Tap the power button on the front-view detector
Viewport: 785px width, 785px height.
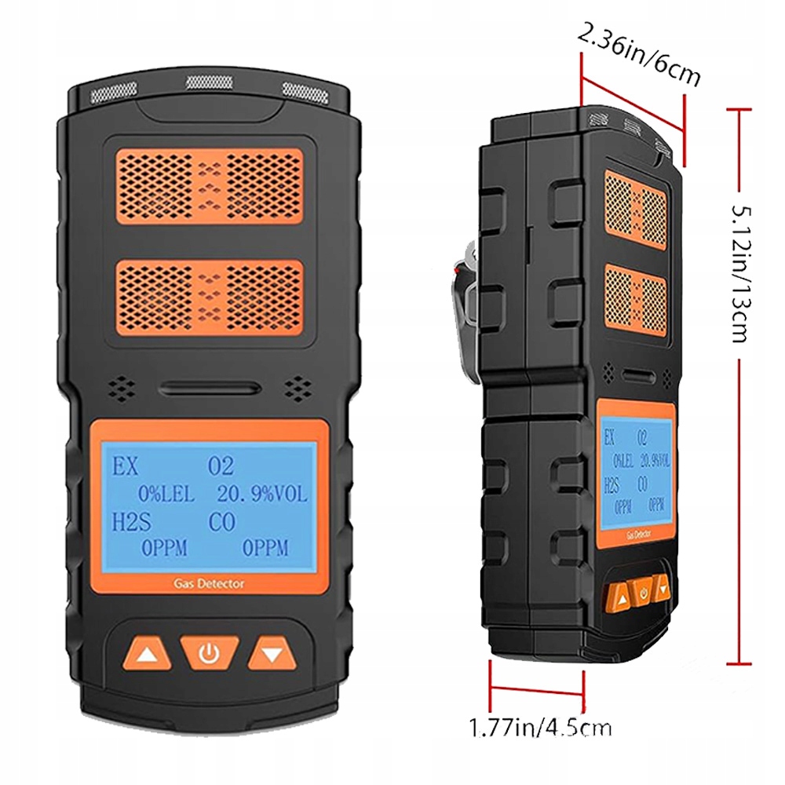point(208,652)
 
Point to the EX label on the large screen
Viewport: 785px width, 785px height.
point(125,467)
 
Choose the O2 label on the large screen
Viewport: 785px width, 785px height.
point(221,467)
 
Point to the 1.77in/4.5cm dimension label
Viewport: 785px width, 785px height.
point(539,727)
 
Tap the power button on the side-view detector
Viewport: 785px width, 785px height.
point(643,593)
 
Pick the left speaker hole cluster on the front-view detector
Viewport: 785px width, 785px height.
point(122,387)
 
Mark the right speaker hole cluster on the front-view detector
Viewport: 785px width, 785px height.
point(298,387)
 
